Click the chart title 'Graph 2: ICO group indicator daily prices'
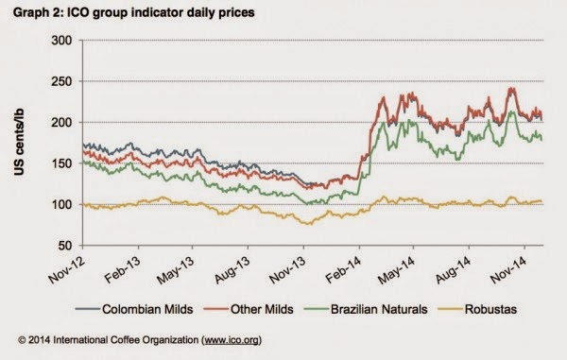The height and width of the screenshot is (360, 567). point(134,12)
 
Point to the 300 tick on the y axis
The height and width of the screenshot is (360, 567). point(61,40)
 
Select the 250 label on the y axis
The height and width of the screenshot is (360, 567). point(61,81)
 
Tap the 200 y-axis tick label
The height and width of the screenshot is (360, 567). point(61,122)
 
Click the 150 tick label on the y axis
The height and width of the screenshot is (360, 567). point(61,163)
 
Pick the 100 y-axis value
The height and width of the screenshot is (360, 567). point(61,205)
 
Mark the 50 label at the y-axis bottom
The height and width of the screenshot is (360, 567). point(65,246)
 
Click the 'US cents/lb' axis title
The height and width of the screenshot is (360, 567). point(19,142)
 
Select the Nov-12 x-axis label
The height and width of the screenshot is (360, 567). point(67,269)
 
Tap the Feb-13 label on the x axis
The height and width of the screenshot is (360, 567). point(123,269)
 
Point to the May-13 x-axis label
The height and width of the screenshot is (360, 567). point(176,269)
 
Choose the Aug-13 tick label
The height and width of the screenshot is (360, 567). point(232,269)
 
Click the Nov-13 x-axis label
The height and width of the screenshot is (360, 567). point(288,269)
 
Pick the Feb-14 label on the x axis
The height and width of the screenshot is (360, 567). point(344,269)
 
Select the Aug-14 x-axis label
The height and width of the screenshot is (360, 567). point(454,269)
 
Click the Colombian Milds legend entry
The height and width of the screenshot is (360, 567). point(134,309)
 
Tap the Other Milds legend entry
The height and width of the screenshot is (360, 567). point(249,309)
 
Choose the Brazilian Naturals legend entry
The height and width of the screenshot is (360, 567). point(366,309)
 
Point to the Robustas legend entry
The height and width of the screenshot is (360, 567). point(477,309)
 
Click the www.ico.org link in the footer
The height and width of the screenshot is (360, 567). point(232,340)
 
